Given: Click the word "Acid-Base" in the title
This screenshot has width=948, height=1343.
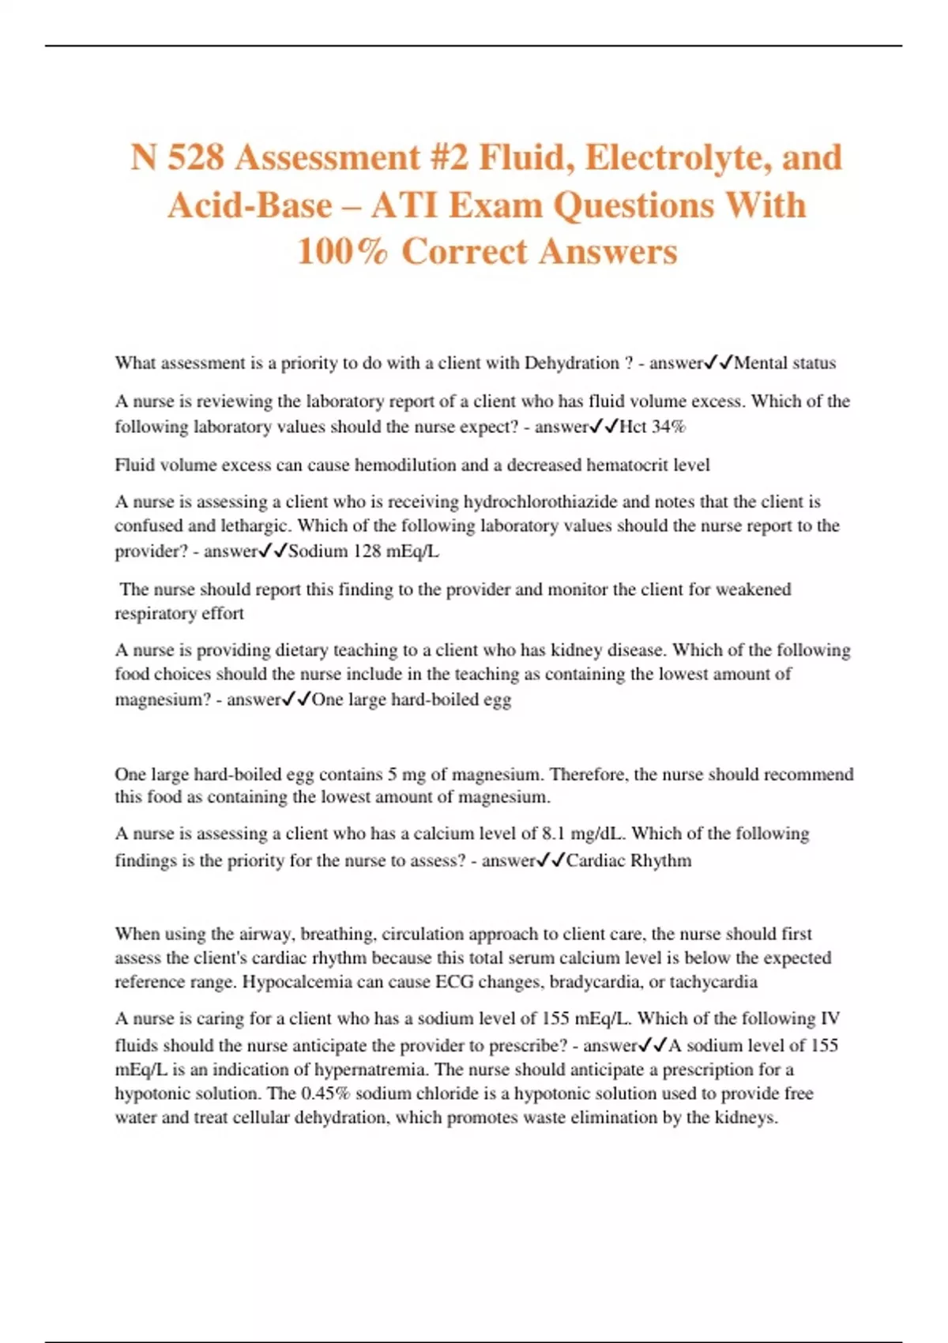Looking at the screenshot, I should [x=250, y=205].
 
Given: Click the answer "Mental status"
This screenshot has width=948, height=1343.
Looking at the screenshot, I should [x=784, y=363].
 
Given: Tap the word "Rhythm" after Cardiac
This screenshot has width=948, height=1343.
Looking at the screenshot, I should [x=660, y=860].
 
